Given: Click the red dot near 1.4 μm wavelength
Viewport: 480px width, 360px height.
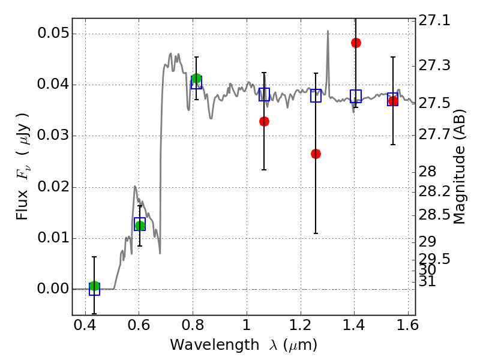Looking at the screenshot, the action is (356, 43).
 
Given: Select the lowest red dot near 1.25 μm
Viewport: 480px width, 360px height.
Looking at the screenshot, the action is (316, 154).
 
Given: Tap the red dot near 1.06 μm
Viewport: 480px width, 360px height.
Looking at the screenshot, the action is (264, 122).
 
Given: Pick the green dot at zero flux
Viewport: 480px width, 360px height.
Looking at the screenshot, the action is (94, 286).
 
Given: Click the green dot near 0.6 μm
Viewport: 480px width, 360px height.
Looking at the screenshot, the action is (140, 226).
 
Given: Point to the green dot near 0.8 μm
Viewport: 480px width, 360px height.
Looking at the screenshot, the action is (196, 79).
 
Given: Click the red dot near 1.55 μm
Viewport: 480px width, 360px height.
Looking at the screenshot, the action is (393, 101).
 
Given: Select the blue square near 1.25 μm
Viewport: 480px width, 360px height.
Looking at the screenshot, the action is (316, 96).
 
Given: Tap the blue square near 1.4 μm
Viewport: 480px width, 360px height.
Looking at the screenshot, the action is (356, 96).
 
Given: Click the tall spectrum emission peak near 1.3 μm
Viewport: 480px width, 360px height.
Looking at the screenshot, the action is (328, 31).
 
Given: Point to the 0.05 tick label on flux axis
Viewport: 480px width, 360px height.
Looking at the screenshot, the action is (53, 33).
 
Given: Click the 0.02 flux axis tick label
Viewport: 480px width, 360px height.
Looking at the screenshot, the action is (53, 187).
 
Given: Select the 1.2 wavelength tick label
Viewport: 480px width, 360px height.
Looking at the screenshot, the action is (301, 325).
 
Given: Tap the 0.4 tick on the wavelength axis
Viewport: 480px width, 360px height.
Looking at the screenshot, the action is (85, 325).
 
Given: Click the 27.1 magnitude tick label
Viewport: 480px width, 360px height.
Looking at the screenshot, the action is (434, 20).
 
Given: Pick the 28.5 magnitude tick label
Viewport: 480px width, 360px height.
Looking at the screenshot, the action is (434, 215).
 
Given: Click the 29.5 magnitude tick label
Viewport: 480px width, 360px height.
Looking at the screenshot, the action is (434, 259).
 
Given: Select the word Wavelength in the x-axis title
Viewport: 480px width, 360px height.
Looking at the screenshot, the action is (215, 345).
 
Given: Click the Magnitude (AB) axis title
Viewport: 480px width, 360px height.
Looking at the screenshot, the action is (458, 167).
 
